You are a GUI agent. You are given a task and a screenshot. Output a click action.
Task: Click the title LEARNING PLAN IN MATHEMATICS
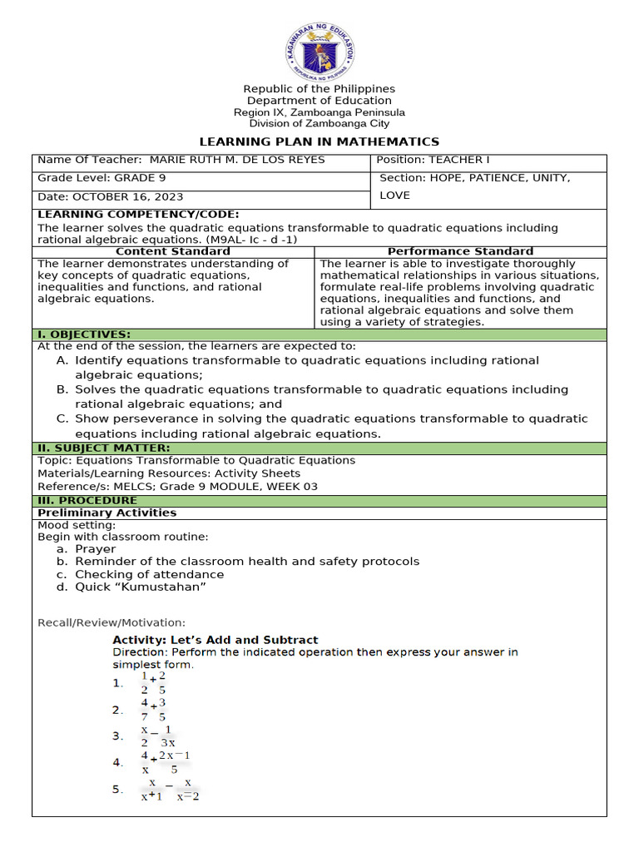(319, 141)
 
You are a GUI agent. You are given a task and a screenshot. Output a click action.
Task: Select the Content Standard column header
(173, 251)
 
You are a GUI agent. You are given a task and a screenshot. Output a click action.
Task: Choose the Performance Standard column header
(461, 251)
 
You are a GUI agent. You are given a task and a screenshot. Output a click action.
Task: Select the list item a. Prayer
(95, 549)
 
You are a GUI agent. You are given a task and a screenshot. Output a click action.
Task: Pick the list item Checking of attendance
(149, 574)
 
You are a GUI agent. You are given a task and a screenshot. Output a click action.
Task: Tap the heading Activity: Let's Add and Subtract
(215, 640)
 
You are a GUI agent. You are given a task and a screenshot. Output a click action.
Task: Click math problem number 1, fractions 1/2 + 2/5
(153, 683)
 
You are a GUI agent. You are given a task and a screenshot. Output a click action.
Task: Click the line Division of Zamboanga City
(319, 123)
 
